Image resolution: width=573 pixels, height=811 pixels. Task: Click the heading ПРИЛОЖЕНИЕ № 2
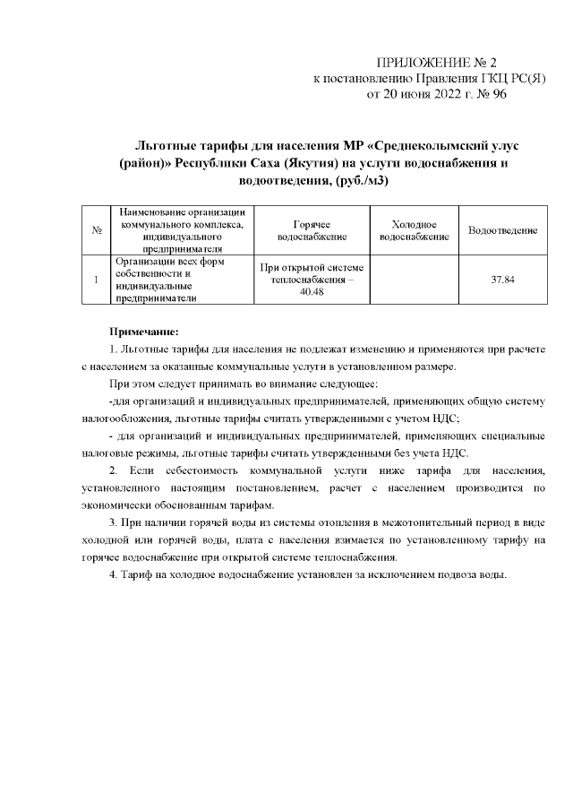point(436,62)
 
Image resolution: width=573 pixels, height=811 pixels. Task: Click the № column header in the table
point(96,231)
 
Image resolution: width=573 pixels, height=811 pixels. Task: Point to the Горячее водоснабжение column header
point(312,231)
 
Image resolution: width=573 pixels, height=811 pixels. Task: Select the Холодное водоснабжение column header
point(414,231)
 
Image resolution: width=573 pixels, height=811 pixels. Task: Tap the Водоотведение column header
point(502,231)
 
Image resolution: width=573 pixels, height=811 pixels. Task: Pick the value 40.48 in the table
point(312,293)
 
